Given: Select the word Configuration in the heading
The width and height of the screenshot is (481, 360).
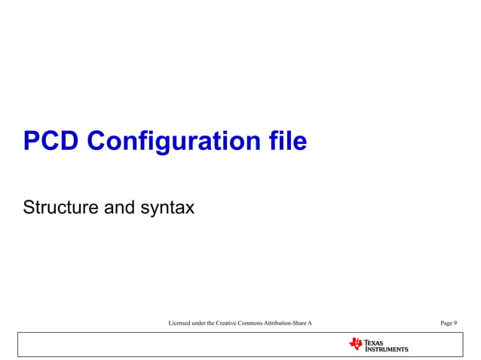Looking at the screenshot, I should coord(177,141).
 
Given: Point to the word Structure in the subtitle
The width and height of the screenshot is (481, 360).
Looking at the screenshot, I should coord(60,206).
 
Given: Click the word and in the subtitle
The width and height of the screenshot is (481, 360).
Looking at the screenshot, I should coord(118,206).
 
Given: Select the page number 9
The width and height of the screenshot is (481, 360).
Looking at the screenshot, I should coord(455,323).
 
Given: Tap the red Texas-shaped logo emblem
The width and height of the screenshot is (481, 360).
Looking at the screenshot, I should coord(356,344).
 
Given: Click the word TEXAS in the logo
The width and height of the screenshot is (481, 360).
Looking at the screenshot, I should coord(375,343).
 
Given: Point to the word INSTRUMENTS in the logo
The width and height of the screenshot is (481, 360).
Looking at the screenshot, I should coord(387,349).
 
